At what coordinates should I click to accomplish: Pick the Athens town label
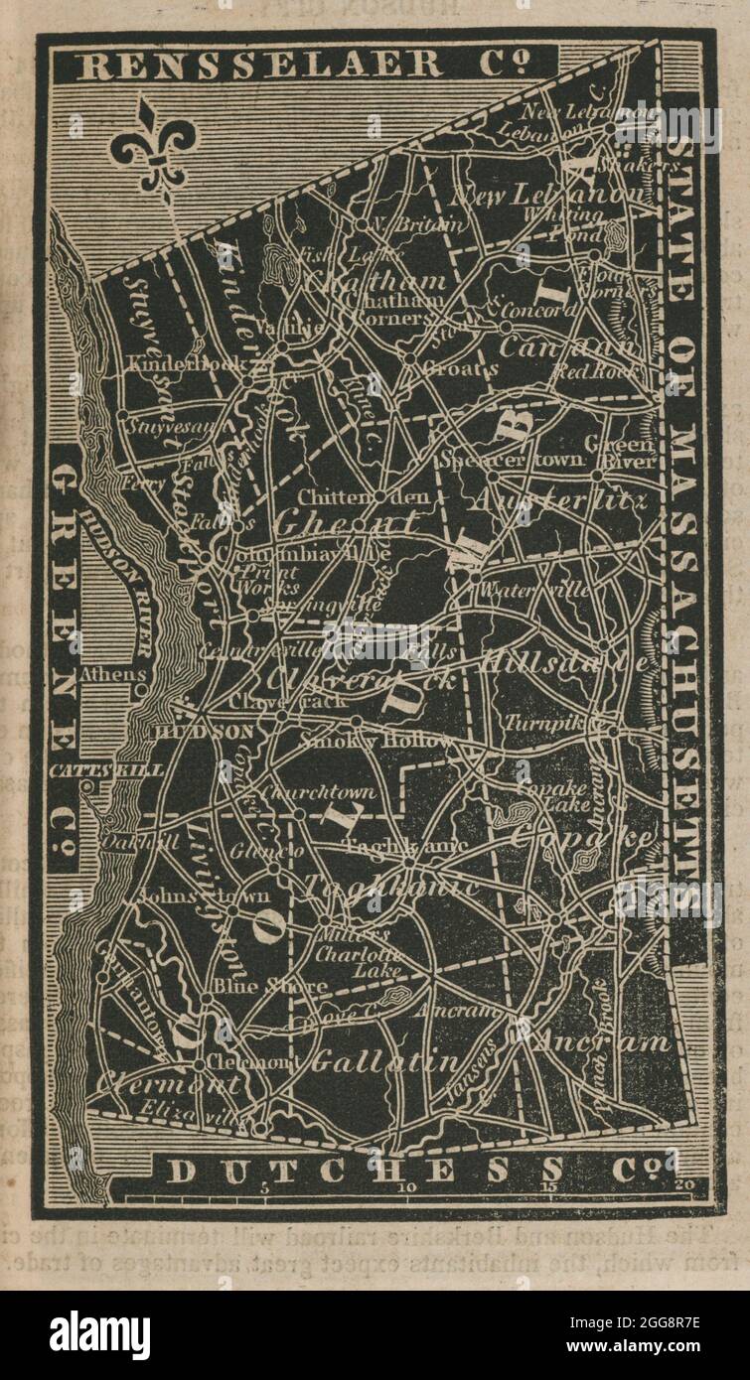point(111,673)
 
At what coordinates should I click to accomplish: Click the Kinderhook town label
point(185,364)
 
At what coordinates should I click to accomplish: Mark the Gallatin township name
point(385,1062)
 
